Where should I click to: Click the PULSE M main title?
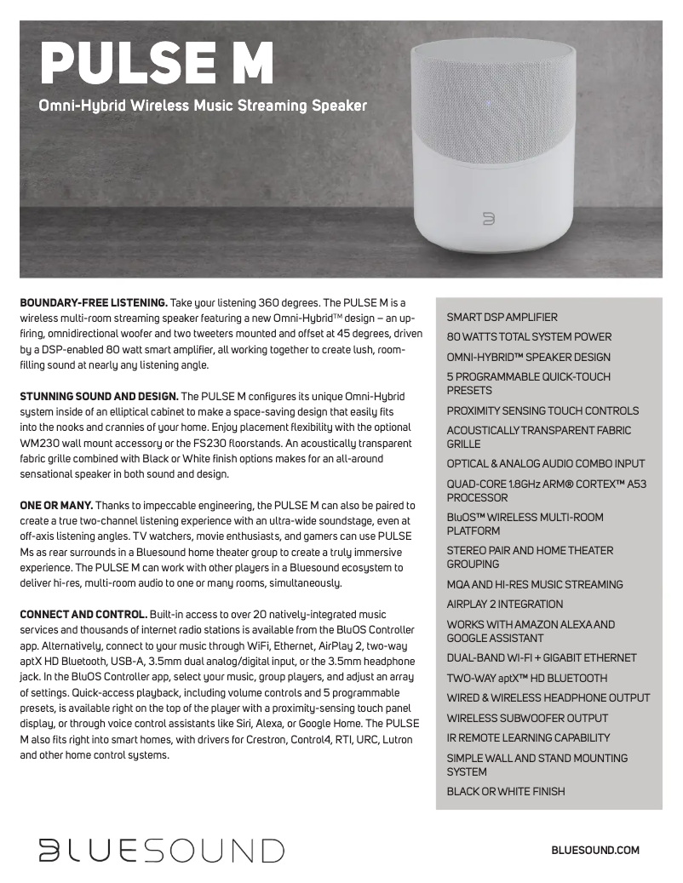click(158, 62)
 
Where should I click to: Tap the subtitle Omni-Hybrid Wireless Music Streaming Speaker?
click(203, 106)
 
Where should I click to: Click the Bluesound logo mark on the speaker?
click(489, 220)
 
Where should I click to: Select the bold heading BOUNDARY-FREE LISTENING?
click(94, 303)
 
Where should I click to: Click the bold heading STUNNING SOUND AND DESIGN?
click(99, 397)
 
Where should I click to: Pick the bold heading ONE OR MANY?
click(56, 505)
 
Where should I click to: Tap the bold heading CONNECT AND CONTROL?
click(83, 614)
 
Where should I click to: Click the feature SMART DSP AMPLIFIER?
click(502, 317)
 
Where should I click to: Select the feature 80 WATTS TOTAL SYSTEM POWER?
click(529, 337)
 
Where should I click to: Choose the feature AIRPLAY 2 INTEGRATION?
click(505, 605)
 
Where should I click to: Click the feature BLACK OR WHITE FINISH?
click(506, 792)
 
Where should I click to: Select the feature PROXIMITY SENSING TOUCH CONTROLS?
click(542, 410)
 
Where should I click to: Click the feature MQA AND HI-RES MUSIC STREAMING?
click(535, 584)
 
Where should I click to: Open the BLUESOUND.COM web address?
click(595, 850)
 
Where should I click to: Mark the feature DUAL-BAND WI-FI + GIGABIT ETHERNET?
click(542, 658)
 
